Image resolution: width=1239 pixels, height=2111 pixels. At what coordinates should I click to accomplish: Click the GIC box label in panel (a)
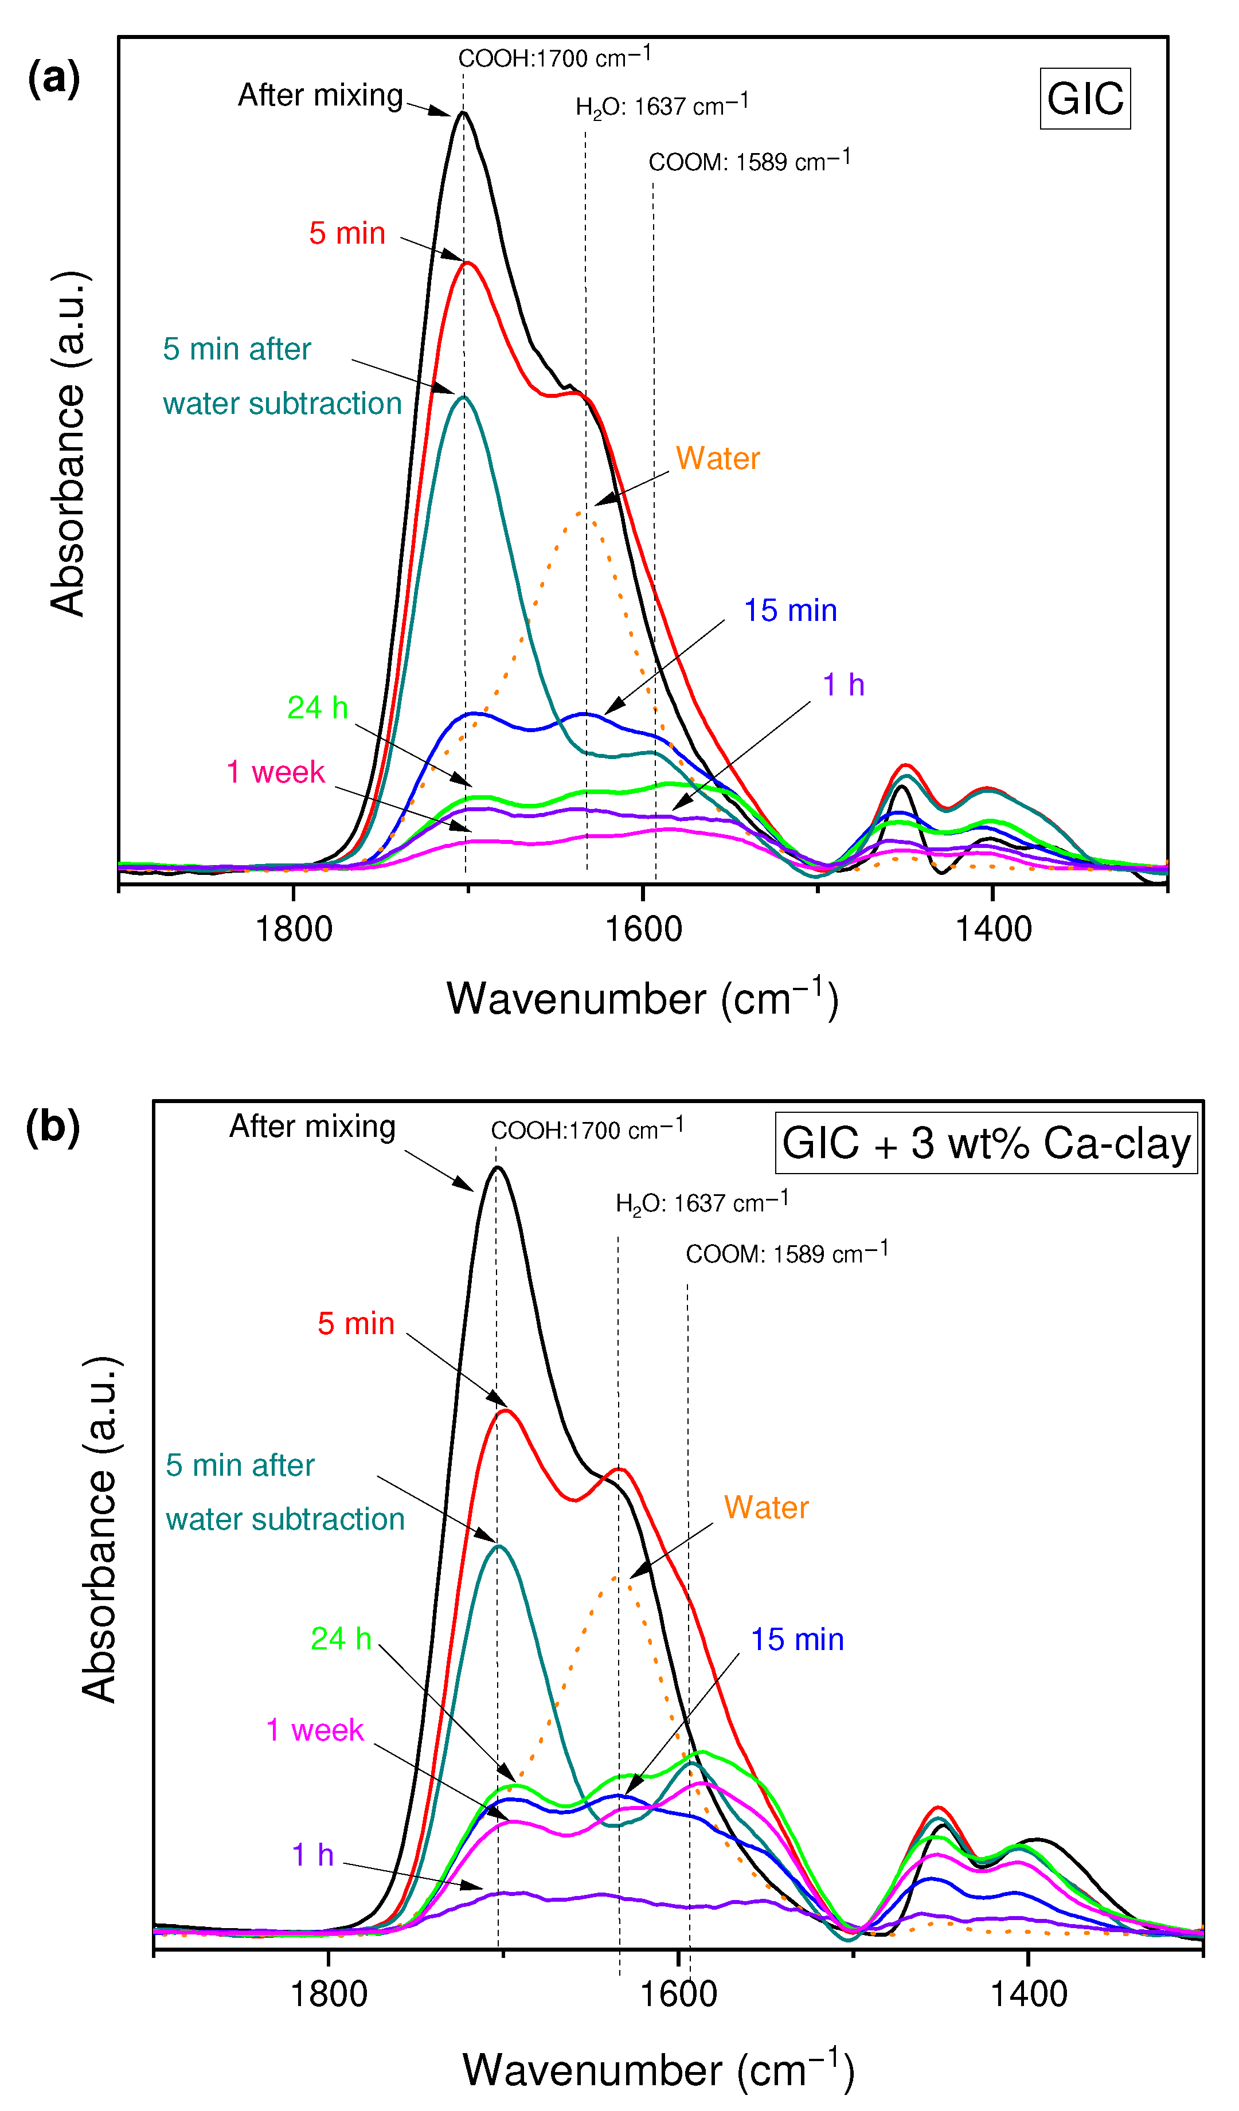[x=1084, y=99]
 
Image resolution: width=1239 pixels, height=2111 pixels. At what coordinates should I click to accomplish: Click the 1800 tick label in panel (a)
[x=293, y=929]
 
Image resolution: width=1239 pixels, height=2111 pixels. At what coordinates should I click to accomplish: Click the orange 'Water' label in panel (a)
[x=717, y=458]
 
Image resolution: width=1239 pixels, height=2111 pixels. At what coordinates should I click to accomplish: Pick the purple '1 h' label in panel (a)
[x=843, y=685]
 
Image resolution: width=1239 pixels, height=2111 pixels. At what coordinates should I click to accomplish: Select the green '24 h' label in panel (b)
[x=340, y=1639]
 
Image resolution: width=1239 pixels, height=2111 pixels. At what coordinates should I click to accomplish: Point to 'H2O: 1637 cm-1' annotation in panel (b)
[x=701, y=1202]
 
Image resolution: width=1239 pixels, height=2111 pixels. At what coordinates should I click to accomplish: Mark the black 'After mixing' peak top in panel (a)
[x=463, y=112]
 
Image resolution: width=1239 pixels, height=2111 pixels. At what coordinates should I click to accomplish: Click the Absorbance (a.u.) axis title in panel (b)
[x=99, y=1530]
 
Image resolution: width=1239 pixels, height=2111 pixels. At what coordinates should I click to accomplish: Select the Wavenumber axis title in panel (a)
[x=642, y=999]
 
